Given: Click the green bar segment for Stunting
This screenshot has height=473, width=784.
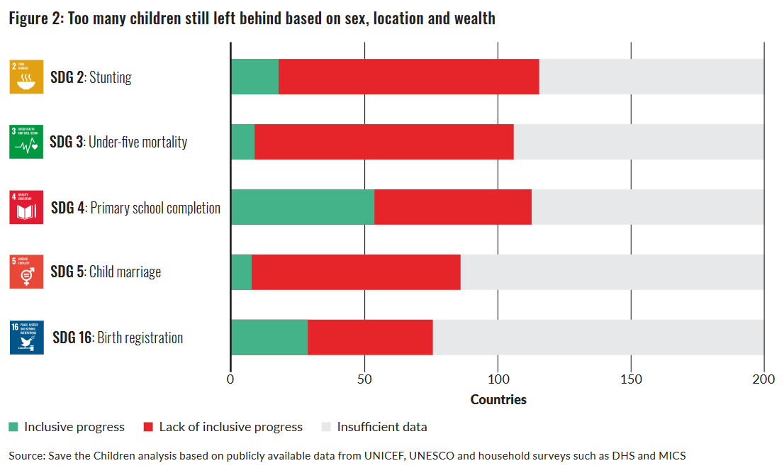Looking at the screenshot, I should point(254,77).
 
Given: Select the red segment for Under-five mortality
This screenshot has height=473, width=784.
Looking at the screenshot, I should point(383,142).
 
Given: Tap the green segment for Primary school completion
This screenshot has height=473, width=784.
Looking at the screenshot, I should point(303,207).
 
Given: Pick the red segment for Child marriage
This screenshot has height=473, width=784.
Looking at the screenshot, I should point(356,272).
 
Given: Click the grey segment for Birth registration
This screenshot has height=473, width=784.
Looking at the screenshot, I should point(598,338).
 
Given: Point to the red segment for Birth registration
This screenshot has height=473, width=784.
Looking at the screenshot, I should point(370,338).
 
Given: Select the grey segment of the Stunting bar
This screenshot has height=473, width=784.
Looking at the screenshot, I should point(651,77).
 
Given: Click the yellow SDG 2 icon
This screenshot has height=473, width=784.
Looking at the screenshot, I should point(26,77).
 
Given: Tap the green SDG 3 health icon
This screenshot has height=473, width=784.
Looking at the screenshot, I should point(26,142).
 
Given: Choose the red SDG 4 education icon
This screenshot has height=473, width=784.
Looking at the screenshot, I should point(26,207).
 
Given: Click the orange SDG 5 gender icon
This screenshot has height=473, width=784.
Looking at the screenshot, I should point(26,272).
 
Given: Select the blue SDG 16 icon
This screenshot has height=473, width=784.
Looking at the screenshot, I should point(27,338).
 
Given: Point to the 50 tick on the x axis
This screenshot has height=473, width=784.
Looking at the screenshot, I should point(364,379).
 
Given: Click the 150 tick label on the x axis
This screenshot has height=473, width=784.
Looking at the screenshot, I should point(631,379).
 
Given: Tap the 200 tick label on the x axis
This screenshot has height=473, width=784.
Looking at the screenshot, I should point(763,379).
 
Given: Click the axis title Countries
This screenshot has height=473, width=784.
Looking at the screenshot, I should point(498,399).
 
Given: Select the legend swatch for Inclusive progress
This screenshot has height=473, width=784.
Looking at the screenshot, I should point(13,427).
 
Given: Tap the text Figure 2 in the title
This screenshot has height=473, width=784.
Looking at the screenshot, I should point(35,19).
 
